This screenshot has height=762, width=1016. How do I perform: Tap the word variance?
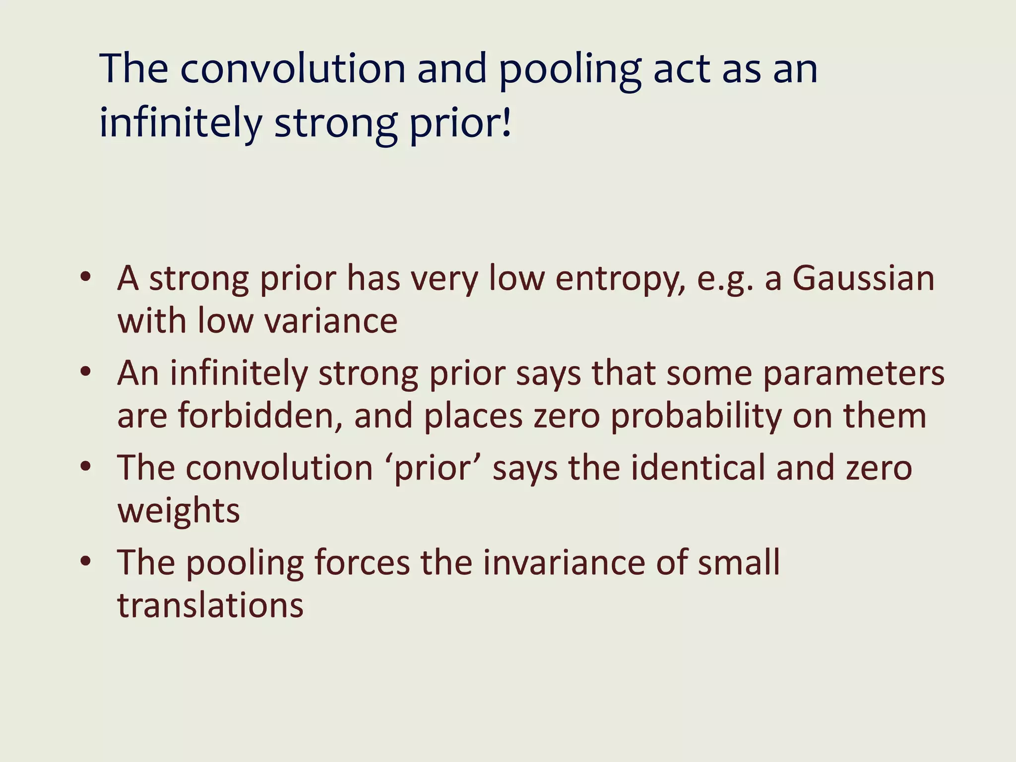click(x=331, y=321)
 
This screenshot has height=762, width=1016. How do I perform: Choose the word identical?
click(x=698, y=468)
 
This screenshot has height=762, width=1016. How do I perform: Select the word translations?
click(x=210, y=605)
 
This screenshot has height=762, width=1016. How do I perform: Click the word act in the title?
click(x=682, y=69)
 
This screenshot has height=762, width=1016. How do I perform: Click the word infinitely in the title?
click(x=181, y=123)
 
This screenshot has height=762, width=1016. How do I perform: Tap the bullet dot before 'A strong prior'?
click(x=86, y=277)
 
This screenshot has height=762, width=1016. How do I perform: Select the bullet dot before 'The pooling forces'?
click(x=86, y=561)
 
